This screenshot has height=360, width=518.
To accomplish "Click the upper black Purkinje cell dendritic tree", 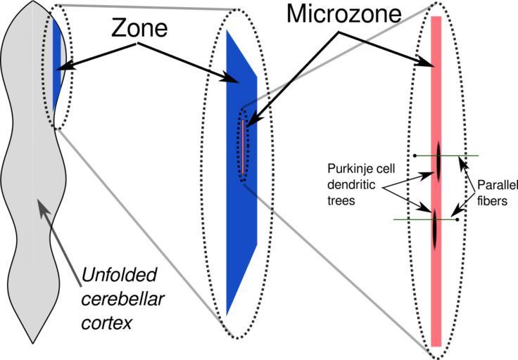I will point(438,160).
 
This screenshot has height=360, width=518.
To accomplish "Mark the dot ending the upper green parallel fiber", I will point(415,155).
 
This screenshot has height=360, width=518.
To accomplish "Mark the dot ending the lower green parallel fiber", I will point(457,220).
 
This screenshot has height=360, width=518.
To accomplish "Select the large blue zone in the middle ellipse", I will point(243,211).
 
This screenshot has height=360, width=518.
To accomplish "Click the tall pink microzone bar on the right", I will point(436,295).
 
